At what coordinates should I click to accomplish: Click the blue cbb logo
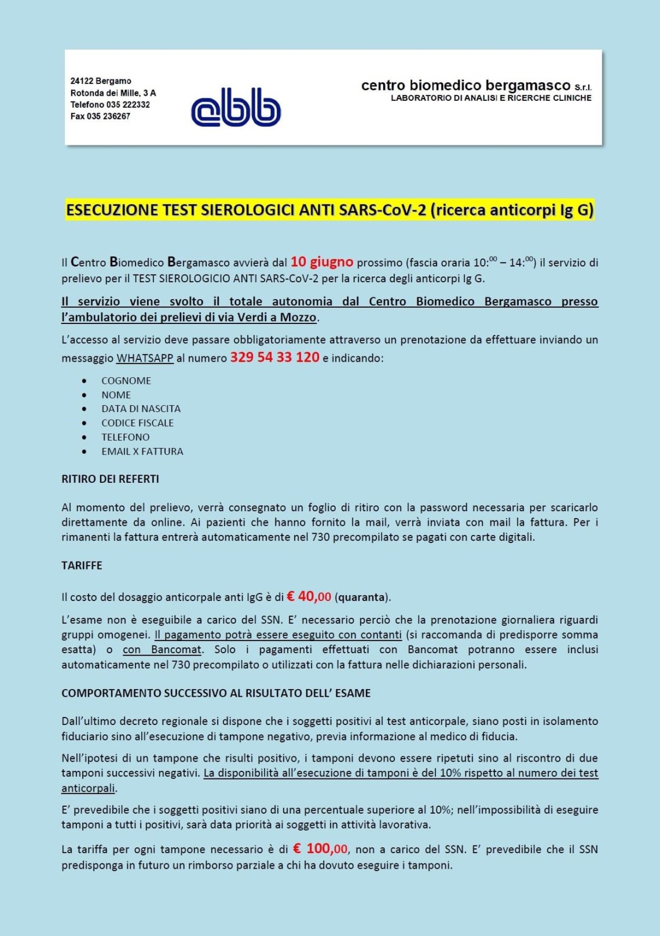(236, 107)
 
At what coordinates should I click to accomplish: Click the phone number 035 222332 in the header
(128, 105)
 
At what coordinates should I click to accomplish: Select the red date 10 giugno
(322, 262)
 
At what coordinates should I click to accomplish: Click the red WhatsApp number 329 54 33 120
(275, 358)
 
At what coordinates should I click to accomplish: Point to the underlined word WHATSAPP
(145, 358)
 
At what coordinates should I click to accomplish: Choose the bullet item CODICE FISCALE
(137, 423)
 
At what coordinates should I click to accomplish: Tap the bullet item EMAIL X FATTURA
(142, 451)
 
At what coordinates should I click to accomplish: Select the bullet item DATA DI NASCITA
(141, 409)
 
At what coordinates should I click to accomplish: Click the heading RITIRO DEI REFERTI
(110, 479)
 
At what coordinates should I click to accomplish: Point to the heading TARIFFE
(82, 566)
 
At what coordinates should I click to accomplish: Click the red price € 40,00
(309, 596)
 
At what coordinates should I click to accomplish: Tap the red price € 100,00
(320, 849)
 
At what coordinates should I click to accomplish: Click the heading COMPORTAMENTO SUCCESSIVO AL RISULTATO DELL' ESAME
(216, 693)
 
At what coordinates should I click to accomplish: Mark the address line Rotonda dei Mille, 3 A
(113, 93)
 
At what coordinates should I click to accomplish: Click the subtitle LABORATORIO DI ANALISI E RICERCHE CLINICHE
(491, 98)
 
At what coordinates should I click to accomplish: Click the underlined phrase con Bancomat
(162, 650)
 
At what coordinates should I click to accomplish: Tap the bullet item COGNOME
(126, 381)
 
